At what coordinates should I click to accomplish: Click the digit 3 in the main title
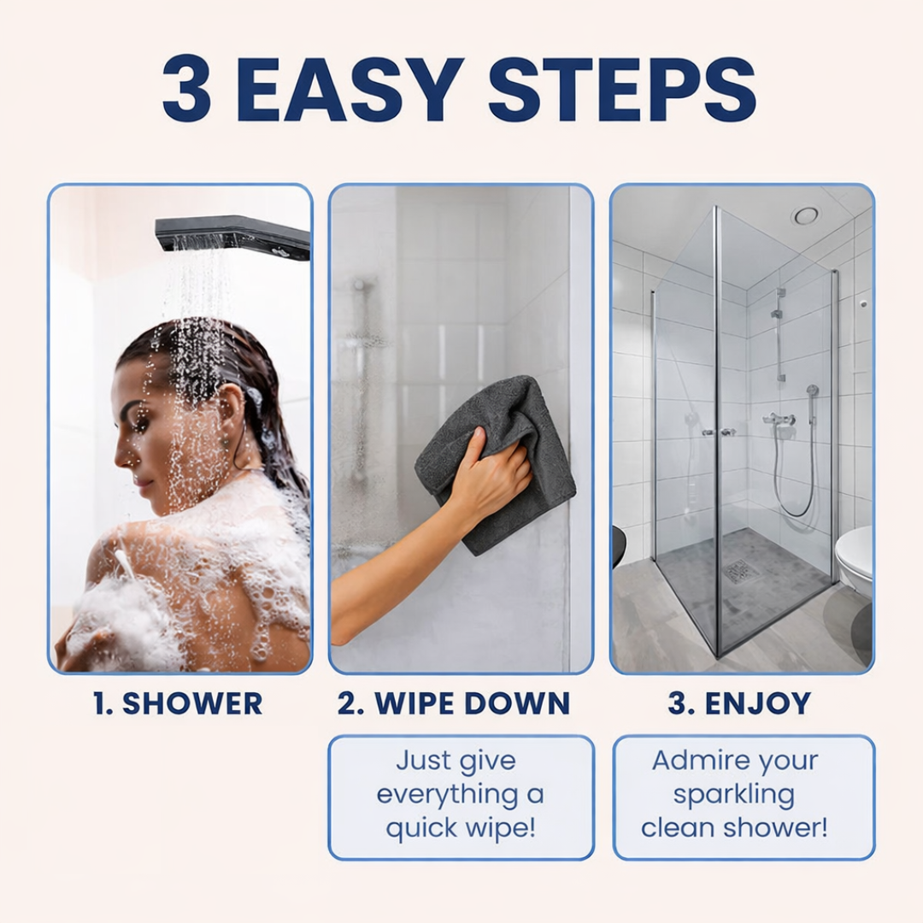point(186,90)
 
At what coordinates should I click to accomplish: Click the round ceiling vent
point(805,216)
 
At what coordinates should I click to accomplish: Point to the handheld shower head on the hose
point(813,391)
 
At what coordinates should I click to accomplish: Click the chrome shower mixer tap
point(779,420)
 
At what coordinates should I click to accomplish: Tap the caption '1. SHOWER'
point(178,703)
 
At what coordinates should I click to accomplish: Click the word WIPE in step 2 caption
point(412,703)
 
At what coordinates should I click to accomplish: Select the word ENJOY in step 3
point(758,703)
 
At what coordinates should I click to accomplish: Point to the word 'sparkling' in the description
point(734,796)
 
